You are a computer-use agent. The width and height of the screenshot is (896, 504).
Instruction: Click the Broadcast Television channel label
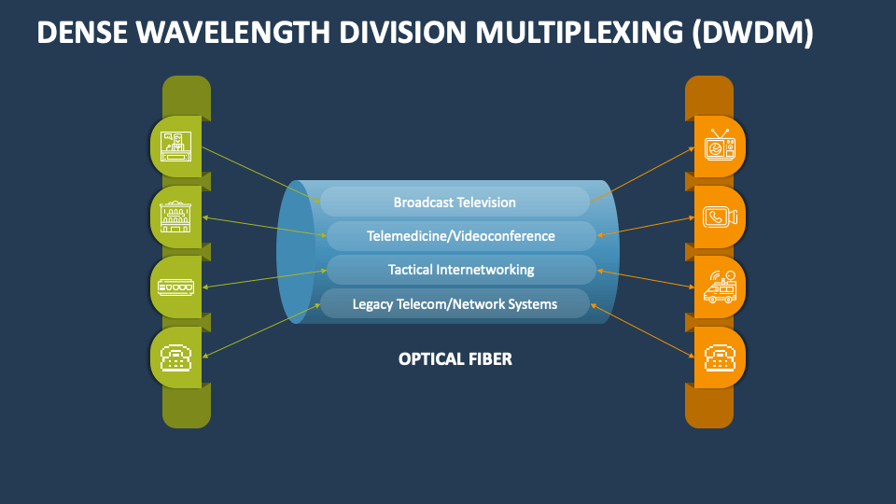(455, 202)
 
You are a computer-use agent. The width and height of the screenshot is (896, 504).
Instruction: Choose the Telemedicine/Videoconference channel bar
(460, 236)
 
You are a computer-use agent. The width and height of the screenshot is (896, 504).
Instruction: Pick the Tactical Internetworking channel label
(460, 270)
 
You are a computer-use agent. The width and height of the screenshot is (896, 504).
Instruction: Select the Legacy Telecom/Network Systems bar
(455, 303)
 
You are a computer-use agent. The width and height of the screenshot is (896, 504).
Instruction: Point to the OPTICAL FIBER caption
(455, 358)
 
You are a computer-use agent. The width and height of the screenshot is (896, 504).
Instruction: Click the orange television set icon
(720, 147)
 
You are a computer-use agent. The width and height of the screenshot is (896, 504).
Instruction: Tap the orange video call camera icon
(720, 217)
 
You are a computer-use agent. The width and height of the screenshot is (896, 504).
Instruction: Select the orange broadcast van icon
(720, 287)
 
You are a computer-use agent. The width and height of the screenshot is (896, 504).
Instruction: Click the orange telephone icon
(720, 357)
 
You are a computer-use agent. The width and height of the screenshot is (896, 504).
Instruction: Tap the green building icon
(176, 217)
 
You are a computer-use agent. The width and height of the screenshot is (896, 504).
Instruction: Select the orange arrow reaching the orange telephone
(644, 331)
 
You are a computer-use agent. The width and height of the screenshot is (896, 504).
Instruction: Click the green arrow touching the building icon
(261, 226)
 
